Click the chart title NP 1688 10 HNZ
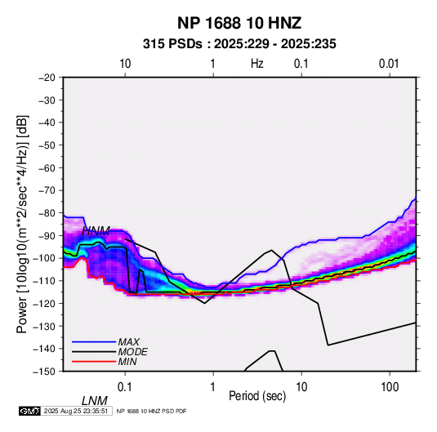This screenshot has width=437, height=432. click(x=239, y=23)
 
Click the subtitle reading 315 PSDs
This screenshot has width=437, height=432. click(x=172, y=44)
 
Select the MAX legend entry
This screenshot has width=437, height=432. click(x=128, y=342)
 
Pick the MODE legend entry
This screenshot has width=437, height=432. click(x=132, y=352)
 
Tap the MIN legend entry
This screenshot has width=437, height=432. click(x=127, y=362)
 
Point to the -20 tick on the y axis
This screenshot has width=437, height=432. click(x=47, y=78)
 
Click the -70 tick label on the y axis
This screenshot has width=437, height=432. click(x=47, y=190)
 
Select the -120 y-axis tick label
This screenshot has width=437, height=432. click(x=44, y=303)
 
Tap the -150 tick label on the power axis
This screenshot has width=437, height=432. click(x=44, y=372)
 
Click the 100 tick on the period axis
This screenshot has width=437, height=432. click(x=390, y=387)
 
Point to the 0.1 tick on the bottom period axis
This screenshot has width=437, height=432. click(x=125, y=387)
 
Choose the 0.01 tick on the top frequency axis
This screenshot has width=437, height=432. click(x=389, y=64)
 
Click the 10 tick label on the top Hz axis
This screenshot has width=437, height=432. click(x=125, y=64)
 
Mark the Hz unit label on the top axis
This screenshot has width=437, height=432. click(x=257, y=64)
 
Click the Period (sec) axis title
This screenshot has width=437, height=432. click(x=257, y=396)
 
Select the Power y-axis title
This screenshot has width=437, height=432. click(x=22, y=224)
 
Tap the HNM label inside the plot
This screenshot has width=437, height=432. click(x=96, y=231)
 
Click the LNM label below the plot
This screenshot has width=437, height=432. click(x=95, y=401)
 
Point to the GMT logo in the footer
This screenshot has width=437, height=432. click(x=29, y=411)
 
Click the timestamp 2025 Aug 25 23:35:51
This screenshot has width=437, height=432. click(x=76, y=411)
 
